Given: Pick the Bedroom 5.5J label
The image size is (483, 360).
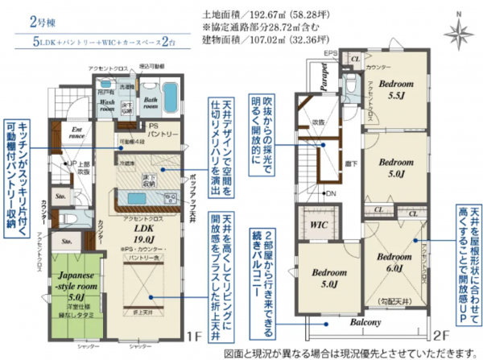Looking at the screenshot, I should [396, 89].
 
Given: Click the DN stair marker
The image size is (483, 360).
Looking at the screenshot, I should [330, 193].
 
